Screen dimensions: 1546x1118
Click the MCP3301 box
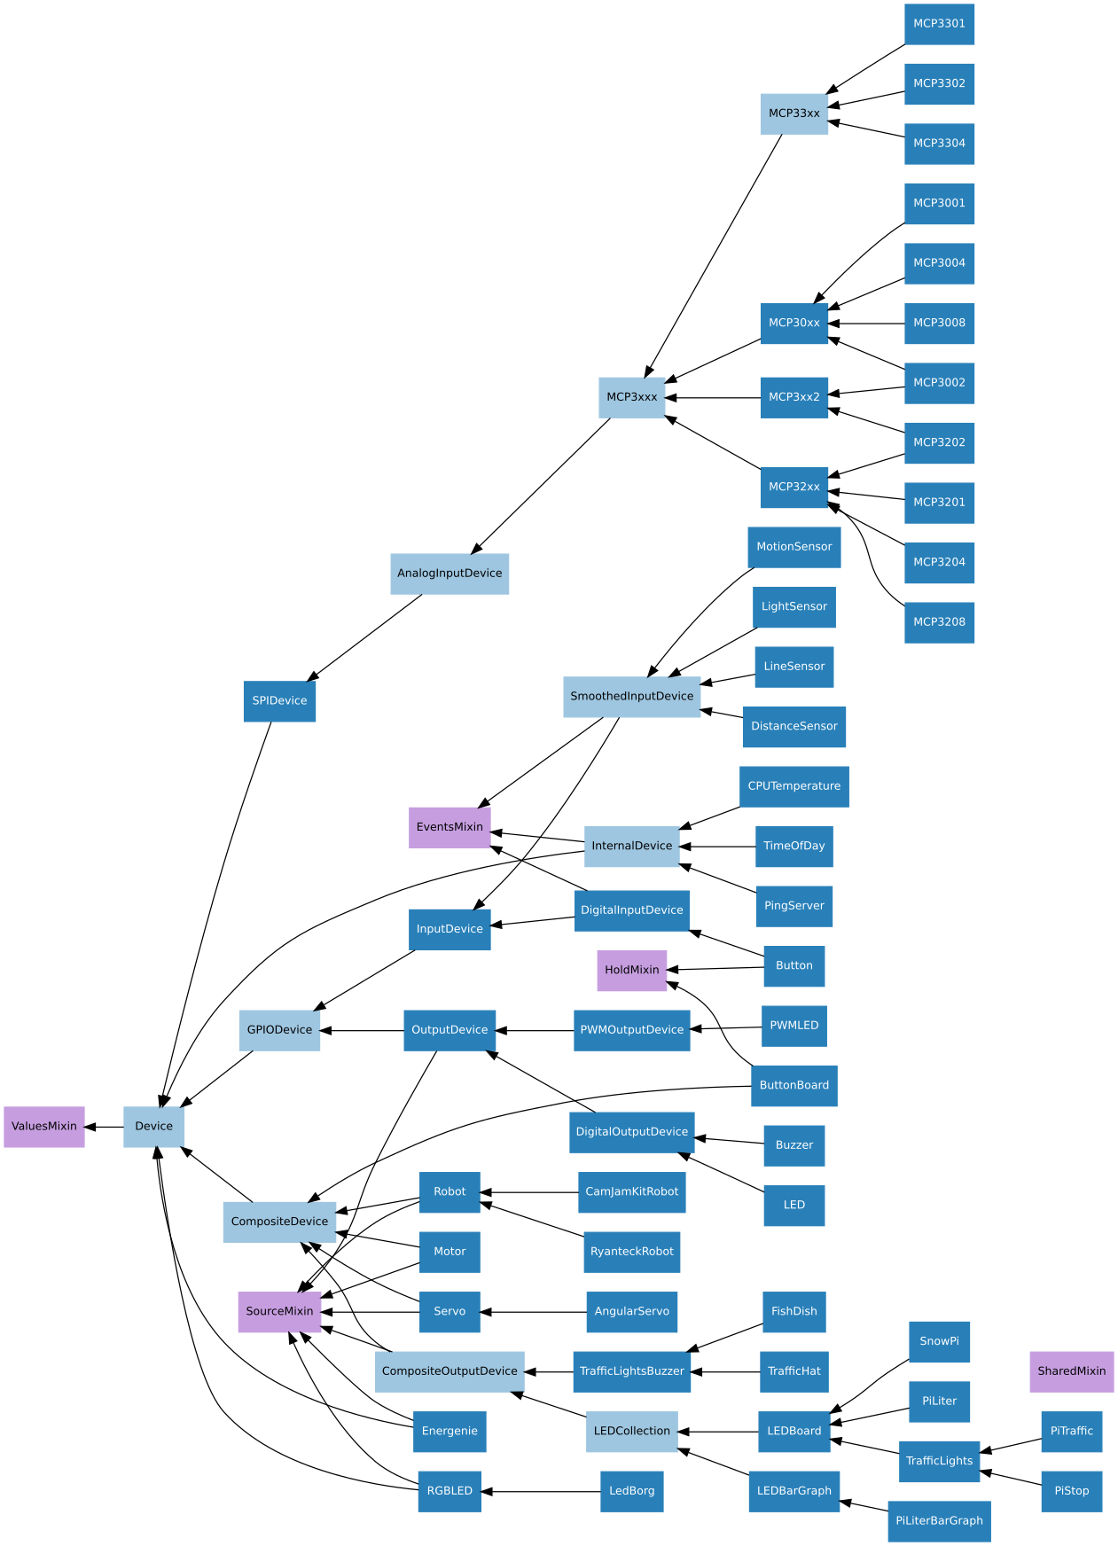[939, 24]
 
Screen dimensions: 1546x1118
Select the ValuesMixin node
[44, 1127]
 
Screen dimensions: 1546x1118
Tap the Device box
[153, 1127]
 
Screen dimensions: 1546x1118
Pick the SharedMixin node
[1071, 1371]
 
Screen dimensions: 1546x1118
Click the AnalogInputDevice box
[450, 574]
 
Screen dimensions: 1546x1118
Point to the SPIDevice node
[279, 701]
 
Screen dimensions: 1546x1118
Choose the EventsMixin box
[450, 827]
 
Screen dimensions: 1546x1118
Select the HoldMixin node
[631, 971]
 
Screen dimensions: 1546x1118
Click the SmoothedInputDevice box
[631, 697]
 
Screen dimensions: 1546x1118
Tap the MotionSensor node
[794, 547]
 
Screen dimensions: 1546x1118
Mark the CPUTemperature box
[794, 786]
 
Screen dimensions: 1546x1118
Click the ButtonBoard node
[794, 1086]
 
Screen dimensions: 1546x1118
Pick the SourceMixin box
[279, 1312]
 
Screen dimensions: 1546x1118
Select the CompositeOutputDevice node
[450, 1371]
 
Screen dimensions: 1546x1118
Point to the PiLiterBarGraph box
[939, 1521]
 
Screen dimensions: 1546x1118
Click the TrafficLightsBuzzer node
[631, 1371]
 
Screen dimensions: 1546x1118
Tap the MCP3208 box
[939, 622]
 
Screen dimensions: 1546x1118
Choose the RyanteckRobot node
[631, 1252]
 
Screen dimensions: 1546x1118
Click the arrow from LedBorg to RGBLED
[541, 1492]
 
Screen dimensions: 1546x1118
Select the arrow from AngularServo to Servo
[533, 1312]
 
